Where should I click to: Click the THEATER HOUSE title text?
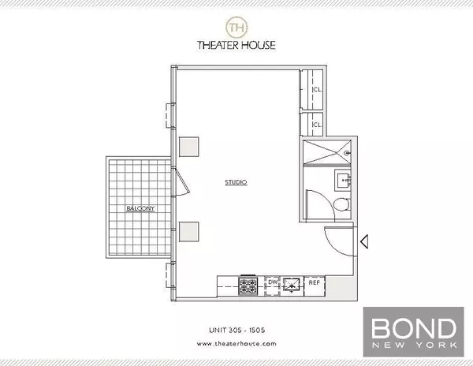pyautogui.click(x=236, y=46)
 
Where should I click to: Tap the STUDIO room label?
pyautogui.click(x=236, y=182)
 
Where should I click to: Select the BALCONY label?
pyautogui.click(x=138, y=208)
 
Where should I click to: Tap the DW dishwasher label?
pyautogui.click(x=272, y=282)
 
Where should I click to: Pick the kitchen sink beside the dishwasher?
pyautogui.click(x=292, y=284)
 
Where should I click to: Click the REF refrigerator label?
pyautogui.click(x=314, y=282)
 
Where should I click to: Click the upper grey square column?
pyautogui.click(x=189, y=146)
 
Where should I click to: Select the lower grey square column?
pyautogui.click(x=189, y=231)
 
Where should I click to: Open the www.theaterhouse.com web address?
pyautogui.click(x=236, y=344)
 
